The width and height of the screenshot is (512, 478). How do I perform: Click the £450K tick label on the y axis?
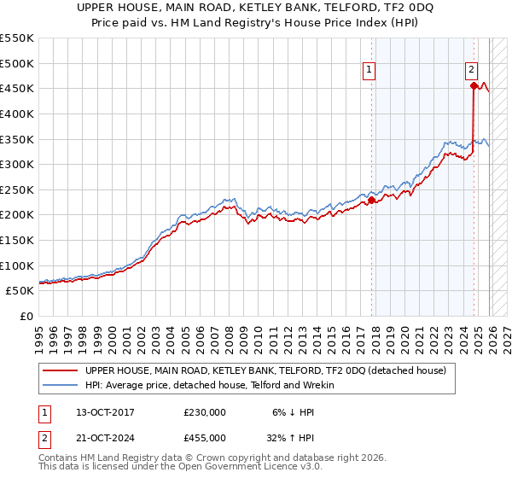17,89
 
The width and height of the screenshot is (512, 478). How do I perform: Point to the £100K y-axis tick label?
17,265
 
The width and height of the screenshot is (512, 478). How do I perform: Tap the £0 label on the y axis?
28,317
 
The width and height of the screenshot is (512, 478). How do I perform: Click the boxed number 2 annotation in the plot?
471,71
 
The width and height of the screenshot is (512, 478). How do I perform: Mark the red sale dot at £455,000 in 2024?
474,85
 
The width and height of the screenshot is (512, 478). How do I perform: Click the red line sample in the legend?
61,370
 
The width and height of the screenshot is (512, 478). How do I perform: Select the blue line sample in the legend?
61,385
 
